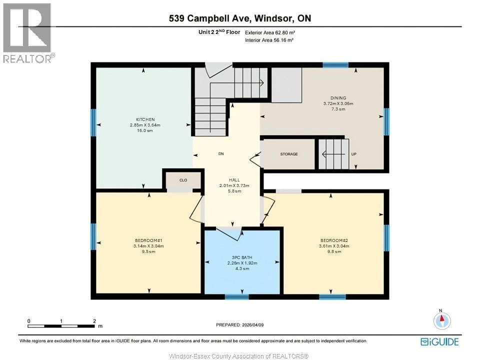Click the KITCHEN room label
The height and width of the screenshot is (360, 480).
(143, 119)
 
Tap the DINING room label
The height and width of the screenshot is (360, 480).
(338, 98)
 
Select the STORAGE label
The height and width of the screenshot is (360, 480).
(289, 154)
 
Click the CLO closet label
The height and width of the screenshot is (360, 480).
(183, 180)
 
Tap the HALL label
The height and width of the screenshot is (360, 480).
(234, 180)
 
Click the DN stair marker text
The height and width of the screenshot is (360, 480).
(220, 154)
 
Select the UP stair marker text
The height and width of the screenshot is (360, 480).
(354, 154)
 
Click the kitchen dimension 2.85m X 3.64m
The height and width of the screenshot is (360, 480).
(143, 125)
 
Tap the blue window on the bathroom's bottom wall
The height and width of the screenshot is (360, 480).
(237, 296)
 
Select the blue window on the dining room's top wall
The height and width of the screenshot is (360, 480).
(335, 65)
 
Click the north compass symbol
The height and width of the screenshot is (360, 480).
(441, 320)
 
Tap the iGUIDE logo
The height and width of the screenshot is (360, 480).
(439, 341)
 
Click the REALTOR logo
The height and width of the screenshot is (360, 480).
(27, 33)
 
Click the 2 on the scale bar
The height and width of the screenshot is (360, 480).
(94, 320)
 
